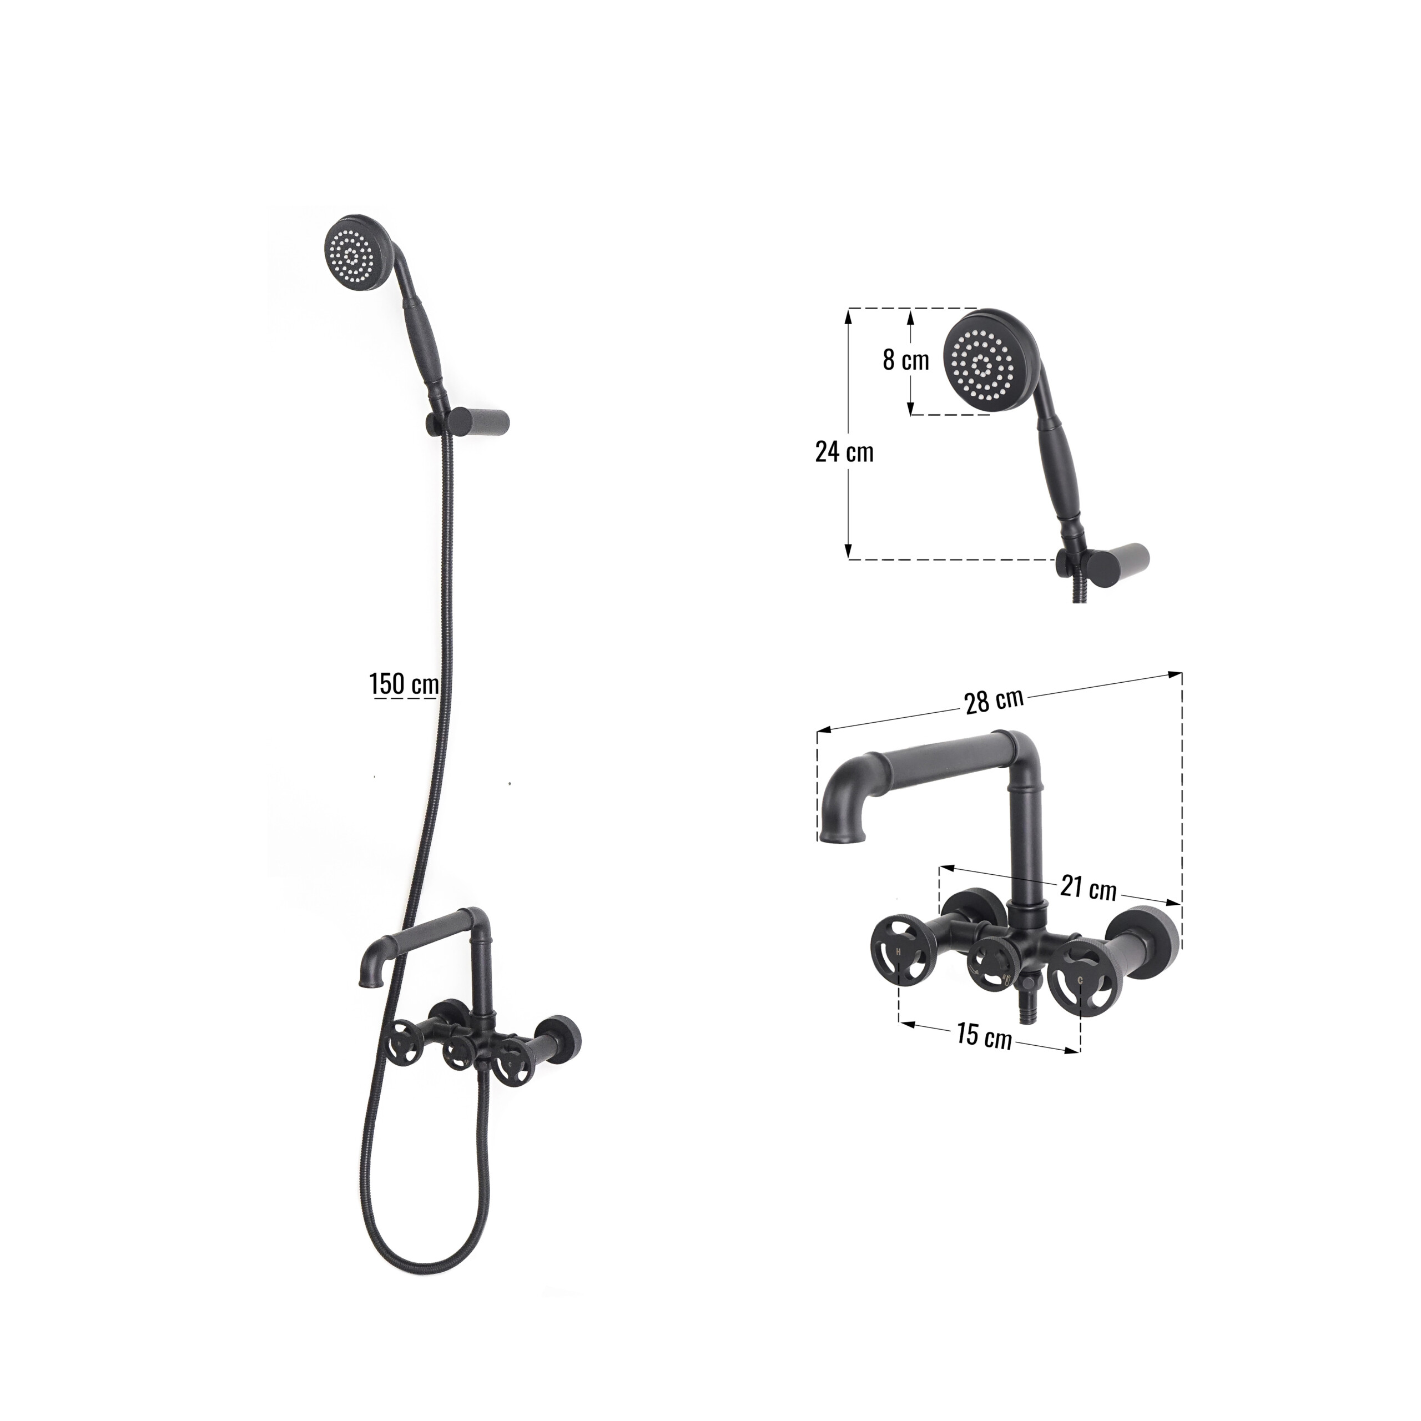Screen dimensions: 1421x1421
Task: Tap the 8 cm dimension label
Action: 905,360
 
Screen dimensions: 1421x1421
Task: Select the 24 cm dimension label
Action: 844,451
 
